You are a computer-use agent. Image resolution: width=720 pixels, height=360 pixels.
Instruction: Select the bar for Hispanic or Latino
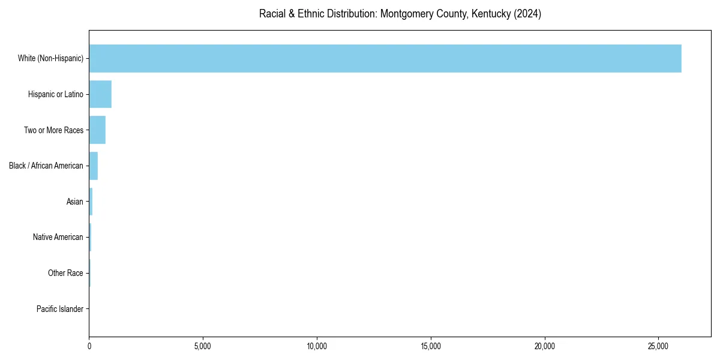(100, 94)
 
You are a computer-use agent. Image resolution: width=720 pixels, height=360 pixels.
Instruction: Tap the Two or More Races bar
(97, 130)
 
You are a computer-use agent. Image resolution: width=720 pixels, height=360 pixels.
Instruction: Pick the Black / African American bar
(94, 166)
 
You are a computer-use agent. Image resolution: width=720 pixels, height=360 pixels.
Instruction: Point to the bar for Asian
(91, 202)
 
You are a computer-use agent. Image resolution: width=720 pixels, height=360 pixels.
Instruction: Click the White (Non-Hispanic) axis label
(50, 58)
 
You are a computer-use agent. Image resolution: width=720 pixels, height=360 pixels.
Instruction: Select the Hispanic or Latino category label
(56, 94)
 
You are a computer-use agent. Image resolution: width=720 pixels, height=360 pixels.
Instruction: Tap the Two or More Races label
(53, 130)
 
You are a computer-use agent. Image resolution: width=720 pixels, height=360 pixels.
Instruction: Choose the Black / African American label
(46, 166)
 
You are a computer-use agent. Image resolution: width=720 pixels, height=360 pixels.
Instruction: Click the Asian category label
(75, 202)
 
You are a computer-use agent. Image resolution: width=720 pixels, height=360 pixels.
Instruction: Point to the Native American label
(58, 237)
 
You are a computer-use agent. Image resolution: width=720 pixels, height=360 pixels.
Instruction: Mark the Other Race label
(65, 273)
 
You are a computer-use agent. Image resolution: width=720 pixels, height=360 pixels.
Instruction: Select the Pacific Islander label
(60, 309)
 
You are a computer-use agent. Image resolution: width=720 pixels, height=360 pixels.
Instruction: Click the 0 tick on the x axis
(89, 346)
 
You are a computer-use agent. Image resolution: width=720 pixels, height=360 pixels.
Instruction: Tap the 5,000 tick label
(203, 346)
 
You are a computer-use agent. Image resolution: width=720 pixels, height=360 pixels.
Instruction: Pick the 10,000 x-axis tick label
(317, 346)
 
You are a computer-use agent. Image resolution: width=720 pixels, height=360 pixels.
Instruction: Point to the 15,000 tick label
(431, 346)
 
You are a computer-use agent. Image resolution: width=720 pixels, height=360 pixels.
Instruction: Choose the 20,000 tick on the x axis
(545, 346)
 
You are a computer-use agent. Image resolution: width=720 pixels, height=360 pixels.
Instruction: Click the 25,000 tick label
(659, 346)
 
